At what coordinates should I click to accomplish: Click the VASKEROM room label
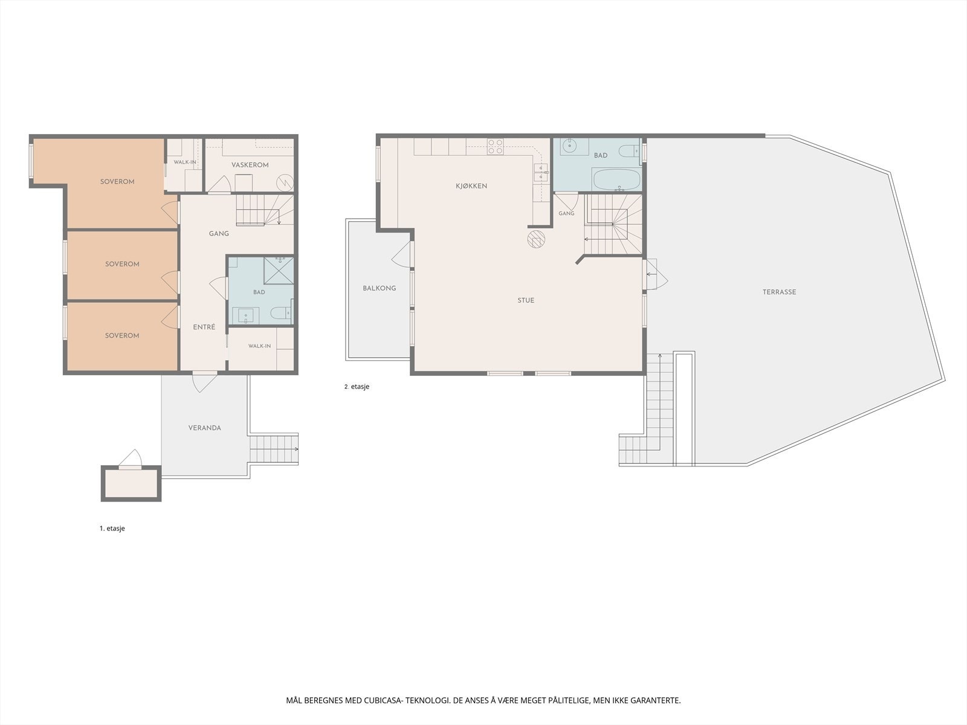pos(250,165)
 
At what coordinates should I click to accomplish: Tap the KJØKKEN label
pos(471,186)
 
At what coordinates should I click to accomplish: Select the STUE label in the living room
pos(526,301)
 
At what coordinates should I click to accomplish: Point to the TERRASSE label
pos(779,292)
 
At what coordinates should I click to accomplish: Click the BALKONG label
pos(380,288)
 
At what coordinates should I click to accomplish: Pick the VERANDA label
pos(204,428)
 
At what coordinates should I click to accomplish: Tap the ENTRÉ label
pos(204,327)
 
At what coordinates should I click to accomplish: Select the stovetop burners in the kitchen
pos(495,147)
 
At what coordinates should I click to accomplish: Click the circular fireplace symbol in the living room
pos(536,239)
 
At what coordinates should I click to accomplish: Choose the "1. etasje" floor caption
pos(112,528)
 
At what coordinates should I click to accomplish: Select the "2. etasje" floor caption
pos(357,387)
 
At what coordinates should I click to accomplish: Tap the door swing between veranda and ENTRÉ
pos(204,382)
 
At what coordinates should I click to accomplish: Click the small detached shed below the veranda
pos(131,483)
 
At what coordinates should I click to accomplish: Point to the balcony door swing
pos(401,254)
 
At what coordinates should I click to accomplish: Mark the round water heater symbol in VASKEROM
pos(285,182)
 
